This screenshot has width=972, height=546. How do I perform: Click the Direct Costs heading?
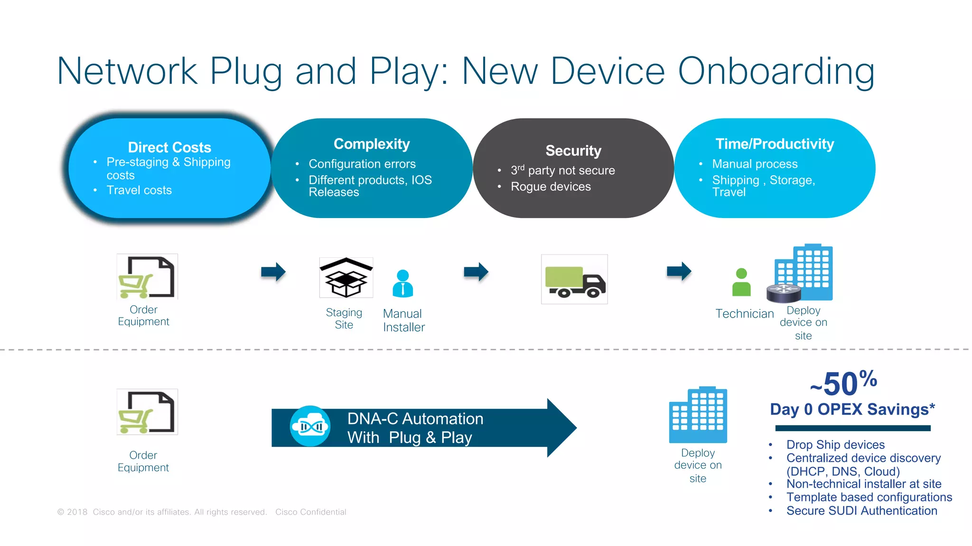pyautogui.click(x=169, y=147)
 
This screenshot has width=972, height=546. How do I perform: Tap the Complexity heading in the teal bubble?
pyautogui.click(x=372, y=144)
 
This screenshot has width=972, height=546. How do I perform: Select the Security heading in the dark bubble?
pyautogui.click(x=573, y=151)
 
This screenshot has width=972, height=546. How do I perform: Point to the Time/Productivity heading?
pyautogui.click(x=775, y=144)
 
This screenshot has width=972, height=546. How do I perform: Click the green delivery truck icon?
pyautogui.click(x=574, y=280)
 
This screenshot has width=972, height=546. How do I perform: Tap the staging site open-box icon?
pyautogui.click(x=346, y=278)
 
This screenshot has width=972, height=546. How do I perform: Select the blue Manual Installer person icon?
pyautogui.click(x=403, y=283)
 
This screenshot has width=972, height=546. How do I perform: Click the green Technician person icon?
pyautogui.click(x=741, y=282)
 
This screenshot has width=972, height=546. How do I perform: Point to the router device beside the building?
pyautogui.click(x=784, y=293)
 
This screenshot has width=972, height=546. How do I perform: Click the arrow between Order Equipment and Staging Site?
pyautogui.click(x=273, y=272)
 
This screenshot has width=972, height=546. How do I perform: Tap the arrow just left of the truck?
pyautogui.click(x=476, y=272)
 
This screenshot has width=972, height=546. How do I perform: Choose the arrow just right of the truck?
pyautogui.click(x=679, y=271)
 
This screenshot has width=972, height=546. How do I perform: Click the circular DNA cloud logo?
pyautogui.click(x=310, y=426)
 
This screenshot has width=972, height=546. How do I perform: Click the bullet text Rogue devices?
pyautogui.click(x=551, y=187)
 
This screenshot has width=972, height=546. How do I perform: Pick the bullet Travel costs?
pyautogui.click(x=139, y=190)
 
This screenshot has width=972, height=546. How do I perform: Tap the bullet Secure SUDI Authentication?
pyautogui.click(x=861, y=510)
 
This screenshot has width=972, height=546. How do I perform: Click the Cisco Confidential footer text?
pyautogui.click(x=311, y=512)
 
